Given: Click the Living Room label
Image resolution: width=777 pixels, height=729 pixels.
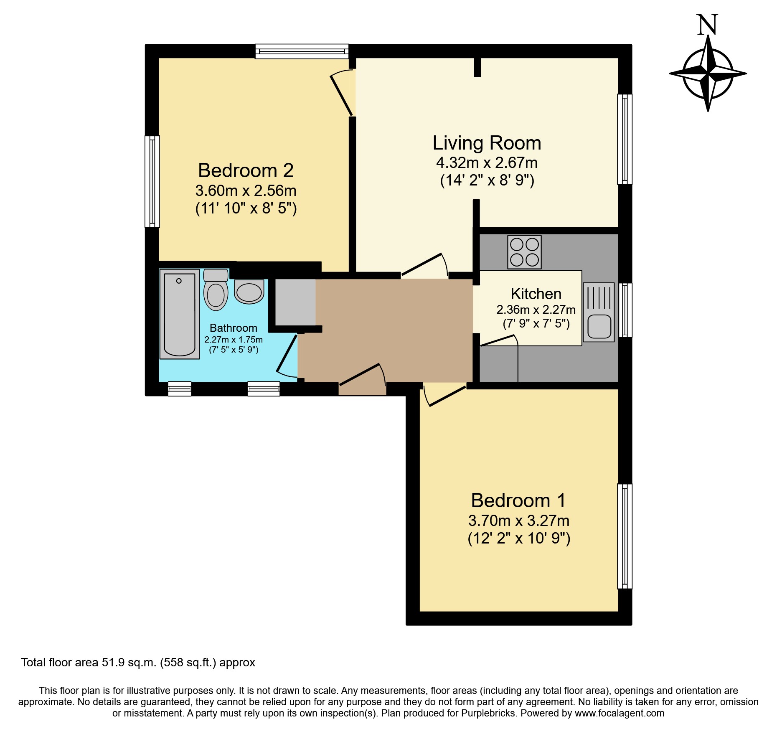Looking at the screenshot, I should [487, 143].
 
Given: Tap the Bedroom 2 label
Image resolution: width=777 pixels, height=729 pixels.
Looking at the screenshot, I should [246, 170].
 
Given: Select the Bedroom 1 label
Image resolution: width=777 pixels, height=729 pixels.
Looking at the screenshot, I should [518, 500].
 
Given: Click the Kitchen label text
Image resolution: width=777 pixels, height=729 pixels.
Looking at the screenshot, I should [536, 294].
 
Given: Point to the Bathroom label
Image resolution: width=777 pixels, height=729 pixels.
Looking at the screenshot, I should [233, 328].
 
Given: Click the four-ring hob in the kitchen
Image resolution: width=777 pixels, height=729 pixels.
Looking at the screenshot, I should [524, 252].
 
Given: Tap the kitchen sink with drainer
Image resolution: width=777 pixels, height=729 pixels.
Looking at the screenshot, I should [599, 312].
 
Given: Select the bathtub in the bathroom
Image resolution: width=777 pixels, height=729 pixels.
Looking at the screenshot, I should [180, 314].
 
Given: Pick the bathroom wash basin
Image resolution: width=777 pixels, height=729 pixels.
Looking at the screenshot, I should [249, 292].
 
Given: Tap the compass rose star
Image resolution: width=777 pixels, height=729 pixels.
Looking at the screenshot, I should [708, 74].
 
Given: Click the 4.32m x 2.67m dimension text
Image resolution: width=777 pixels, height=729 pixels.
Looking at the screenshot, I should [487, 163].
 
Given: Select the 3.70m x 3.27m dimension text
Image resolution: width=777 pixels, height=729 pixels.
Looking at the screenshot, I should [518, 521].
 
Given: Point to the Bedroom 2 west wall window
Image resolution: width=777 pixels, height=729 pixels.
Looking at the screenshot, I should [152, 181].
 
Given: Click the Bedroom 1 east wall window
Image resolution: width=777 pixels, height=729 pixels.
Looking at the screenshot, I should [625, 536].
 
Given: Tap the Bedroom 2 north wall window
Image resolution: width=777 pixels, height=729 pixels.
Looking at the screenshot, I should [302, 51].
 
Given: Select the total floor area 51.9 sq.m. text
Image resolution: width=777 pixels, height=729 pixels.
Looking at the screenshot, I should [138, 663].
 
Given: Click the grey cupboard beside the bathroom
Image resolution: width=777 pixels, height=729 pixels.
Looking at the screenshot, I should [295, 302].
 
